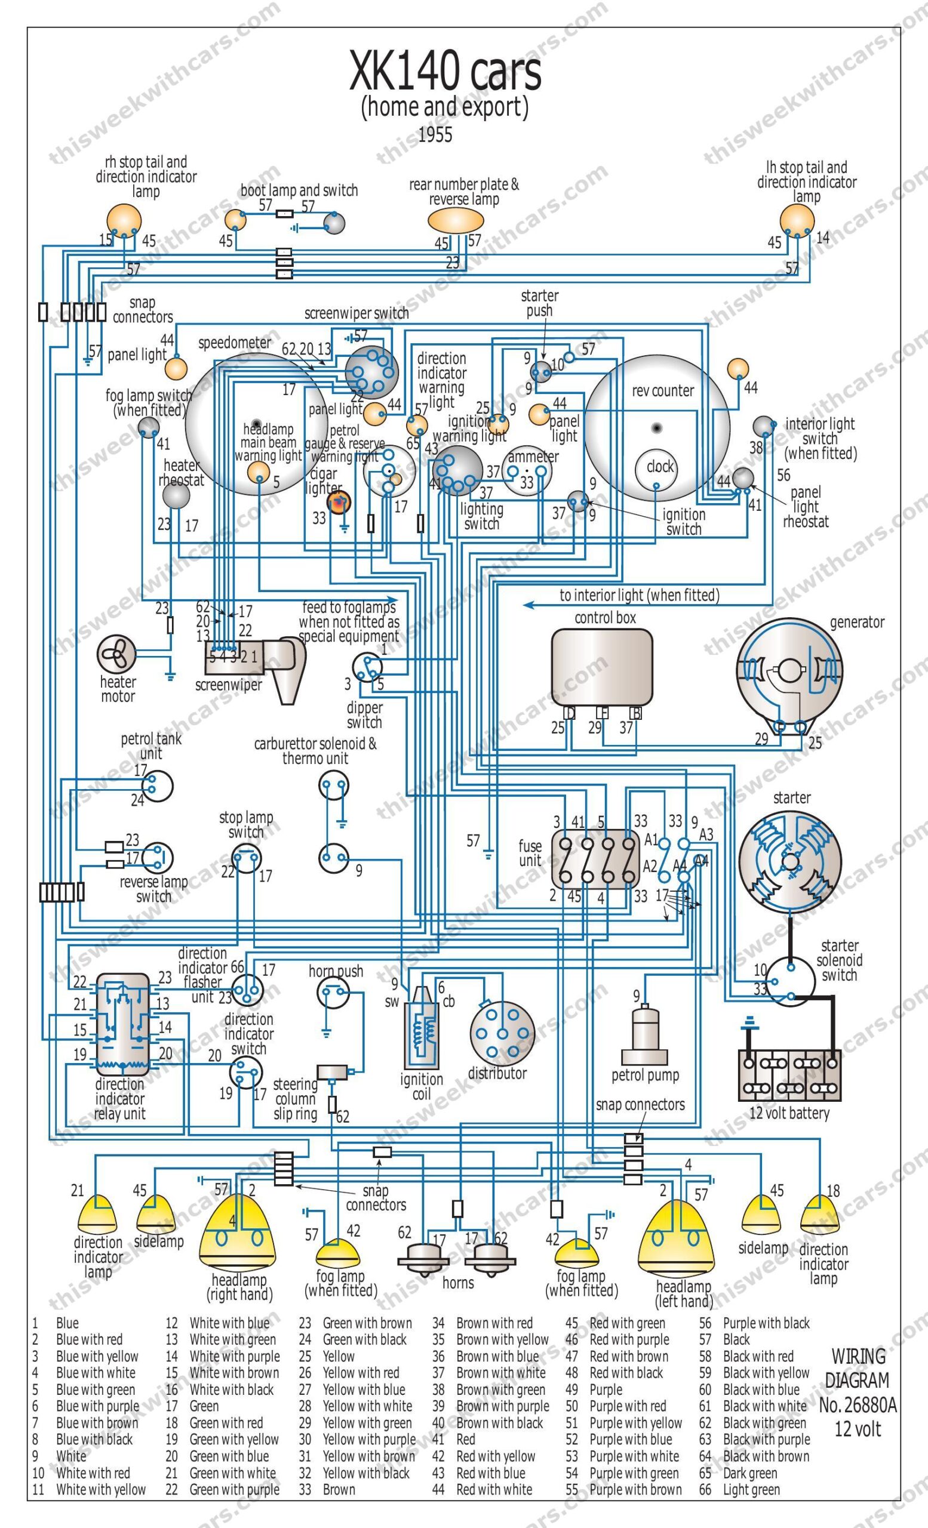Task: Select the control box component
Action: (602, 667)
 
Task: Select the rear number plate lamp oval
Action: (455, 220)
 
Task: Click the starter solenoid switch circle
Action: (789, 982)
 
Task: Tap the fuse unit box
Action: (595, 859)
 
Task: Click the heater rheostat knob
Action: (176, 495)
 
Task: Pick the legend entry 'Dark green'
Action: (750, 1473)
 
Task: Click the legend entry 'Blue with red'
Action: (90, 1339)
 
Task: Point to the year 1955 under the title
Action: (435, 134)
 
